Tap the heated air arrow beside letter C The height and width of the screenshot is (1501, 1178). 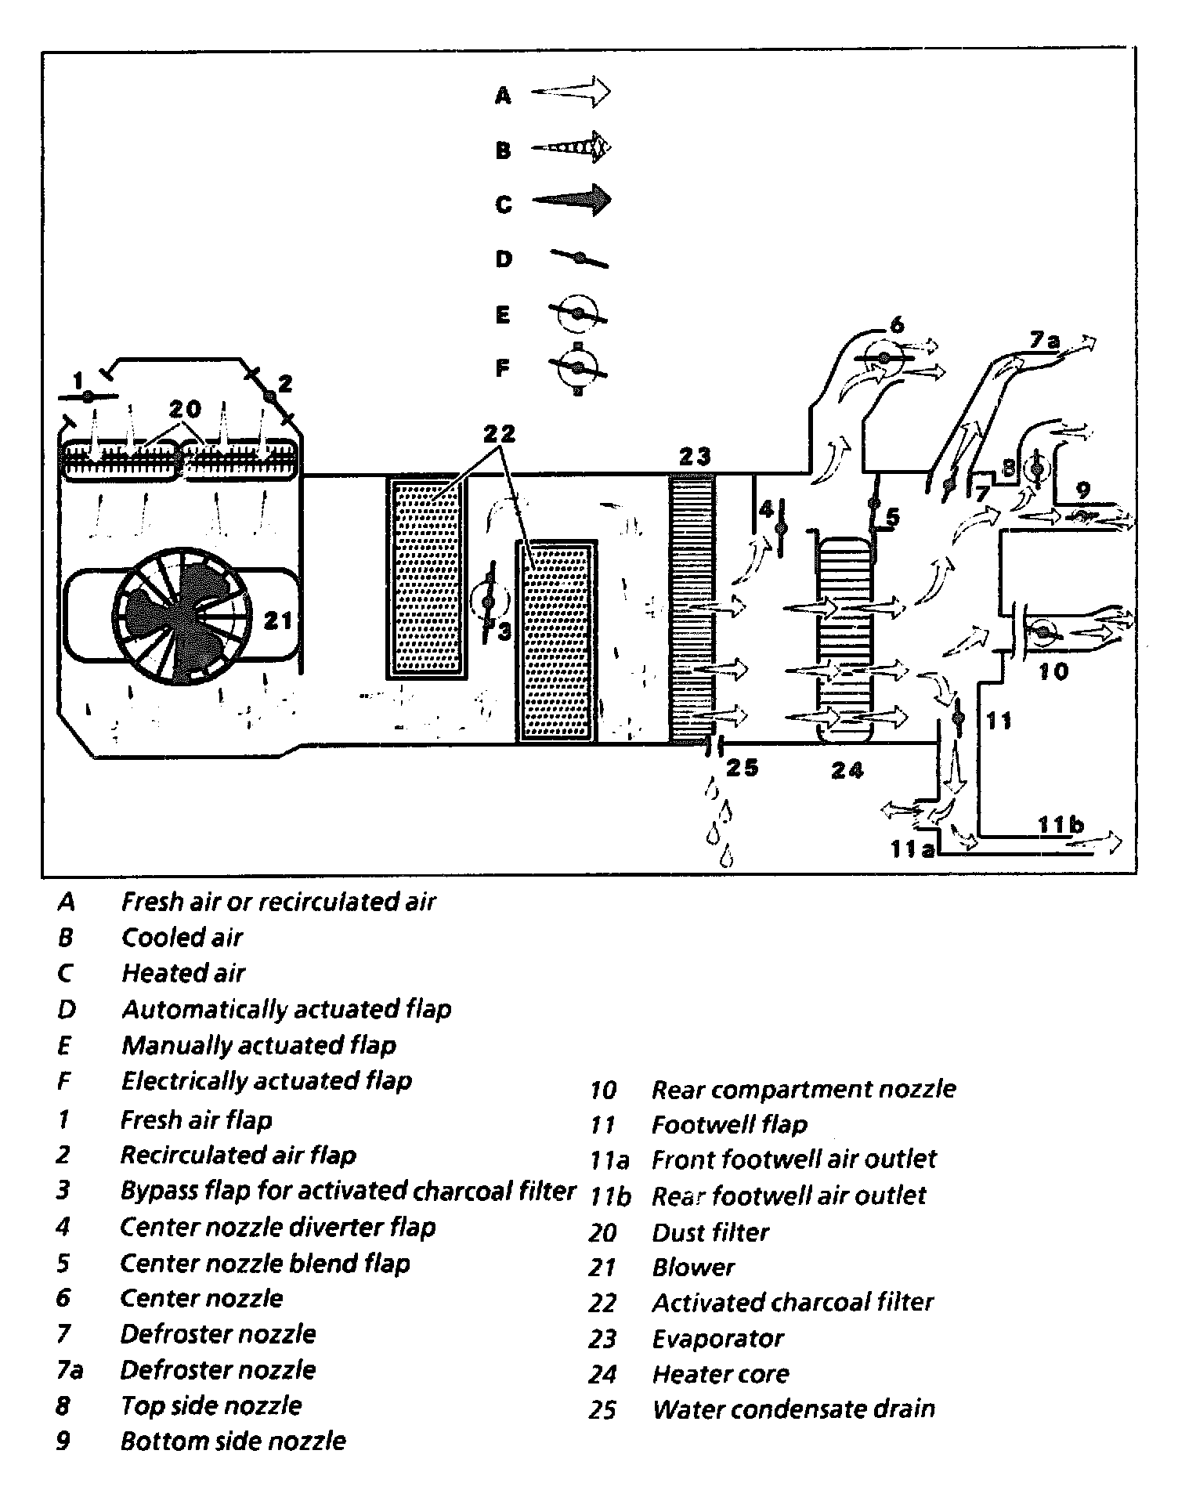pos(571,201)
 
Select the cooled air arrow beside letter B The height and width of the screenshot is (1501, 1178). pos(571,147)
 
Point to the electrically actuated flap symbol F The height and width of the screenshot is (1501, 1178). pos(578,367)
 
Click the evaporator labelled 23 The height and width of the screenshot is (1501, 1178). pos(692,607)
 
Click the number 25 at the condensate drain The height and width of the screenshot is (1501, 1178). pos(742,767)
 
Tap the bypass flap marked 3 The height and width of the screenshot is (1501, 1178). pos(488,602)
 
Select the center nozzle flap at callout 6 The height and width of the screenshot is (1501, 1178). pos(883,359)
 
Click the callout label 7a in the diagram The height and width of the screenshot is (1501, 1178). pos(1044,342)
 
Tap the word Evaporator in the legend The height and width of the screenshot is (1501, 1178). pos(717,1339)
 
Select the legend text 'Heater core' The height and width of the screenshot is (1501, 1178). pos(721,1374)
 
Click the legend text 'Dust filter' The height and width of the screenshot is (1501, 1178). pos(710,1232)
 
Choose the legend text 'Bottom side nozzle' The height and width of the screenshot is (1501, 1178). pos(233,1441)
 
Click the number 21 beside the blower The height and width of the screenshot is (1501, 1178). pos(277,620)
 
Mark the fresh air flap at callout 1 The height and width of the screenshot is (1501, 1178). pos(88,396)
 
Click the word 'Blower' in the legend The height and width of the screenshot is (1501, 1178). pos(693,1268)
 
